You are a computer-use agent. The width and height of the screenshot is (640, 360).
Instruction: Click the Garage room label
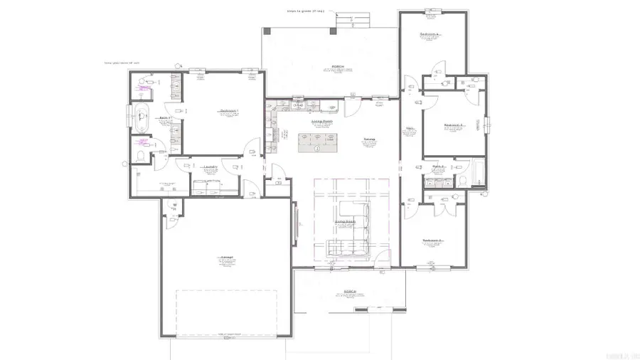click(x=227, y=257)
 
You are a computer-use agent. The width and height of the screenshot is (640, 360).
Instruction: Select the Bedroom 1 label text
click(x=228, y=111)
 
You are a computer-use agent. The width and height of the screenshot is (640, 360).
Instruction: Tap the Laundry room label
click(x=209, y=168)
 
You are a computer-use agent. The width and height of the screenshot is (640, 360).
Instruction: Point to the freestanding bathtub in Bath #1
click(x=141, y=118)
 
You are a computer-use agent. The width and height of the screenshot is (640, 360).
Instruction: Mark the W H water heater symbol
click(x=172, y=207)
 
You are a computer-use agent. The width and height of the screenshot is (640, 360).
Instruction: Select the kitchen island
click(x=317, y=142)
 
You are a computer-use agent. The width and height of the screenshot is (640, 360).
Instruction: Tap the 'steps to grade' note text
click(x=305, y=11)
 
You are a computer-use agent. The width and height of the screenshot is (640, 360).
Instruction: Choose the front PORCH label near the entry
click(x=349, y=291)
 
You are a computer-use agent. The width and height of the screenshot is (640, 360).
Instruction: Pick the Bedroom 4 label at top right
click(x=430, y=33)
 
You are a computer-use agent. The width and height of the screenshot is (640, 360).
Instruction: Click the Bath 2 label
click(x=439, y=166)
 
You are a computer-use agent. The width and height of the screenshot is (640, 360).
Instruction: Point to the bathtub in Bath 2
click(x=476, y=174)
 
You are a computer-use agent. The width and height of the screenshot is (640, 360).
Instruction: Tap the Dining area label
click(x=369, y=139)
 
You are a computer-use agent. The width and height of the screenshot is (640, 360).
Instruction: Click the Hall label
click(x=410, y=129)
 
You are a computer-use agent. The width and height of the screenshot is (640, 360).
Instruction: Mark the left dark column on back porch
click(x=266, y=31)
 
